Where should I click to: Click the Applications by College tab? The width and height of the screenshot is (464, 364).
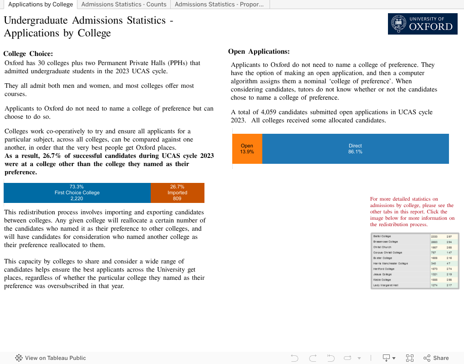pyautogui.click(x=41, y=5)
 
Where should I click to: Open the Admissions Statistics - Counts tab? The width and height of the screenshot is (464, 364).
pyautogui.click(x=124, y=5)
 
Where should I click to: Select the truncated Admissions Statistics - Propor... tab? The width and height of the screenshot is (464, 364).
pyautogui.click(x=219, y=5)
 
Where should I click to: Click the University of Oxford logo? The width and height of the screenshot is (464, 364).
pyautogui.click(x=423, y=24)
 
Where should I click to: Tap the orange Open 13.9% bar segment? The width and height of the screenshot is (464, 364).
pyautogui.click(x=247, y=149)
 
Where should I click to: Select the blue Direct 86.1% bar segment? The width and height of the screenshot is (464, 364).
pyautogui.click(x=355, y=149)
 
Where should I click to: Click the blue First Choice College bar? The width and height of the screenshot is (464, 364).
pyautogui.click(x=77, y=193)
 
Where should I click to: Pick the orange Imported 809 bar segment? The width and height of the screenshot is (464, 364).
pyautogui.click(x=177, y=193)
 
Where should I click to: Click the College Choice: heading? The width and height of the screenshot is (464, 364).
pyautogui.click(x=28, y=54)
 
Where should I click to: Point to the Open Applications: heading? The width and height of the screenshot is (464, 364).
pyautogui.click(x=259, y=52)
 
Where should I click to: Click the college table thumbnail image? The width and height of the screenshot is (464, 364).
pyautogui.click(x=415, y=261)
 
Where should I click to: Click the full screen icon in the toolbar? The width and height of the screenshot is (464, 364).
pyautogui.click(x=409, y=358)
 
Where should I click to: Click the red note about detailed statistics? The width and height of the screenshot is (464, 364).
pyautogui.click(x=412, y=212)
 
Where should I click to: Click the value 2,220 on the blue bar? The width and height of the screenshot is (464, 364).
pyautogui.click(x=77, y=199)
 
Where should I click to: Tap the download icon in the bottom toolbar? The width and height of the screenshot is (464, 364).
pyautogui.click(x=388, y=358)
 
